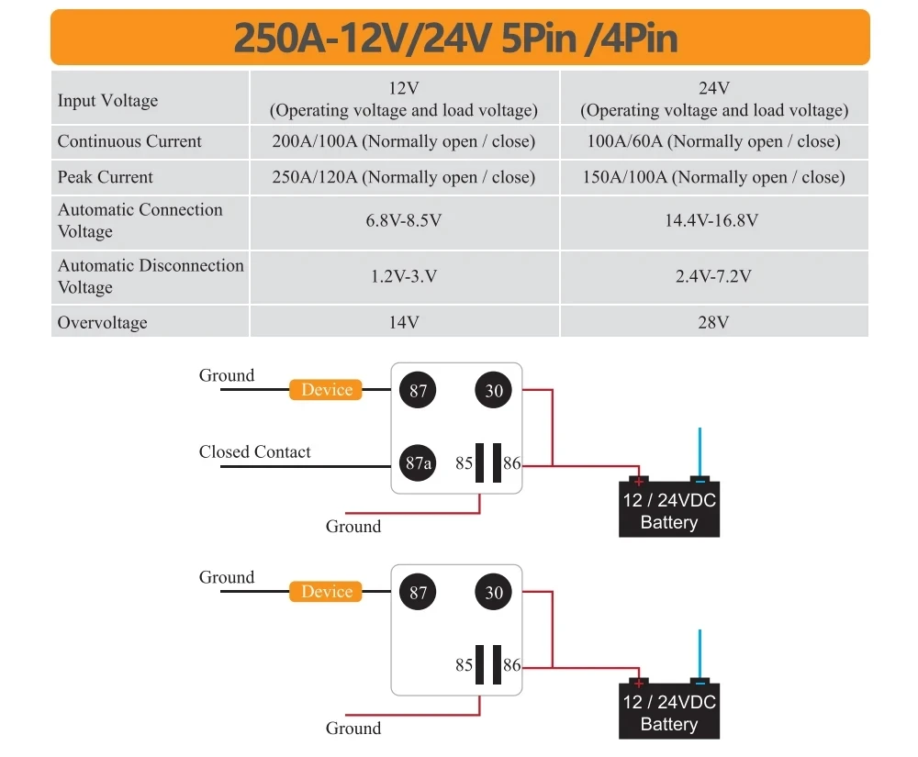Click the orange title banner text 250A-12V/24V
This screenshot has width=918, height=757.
pos(363,38)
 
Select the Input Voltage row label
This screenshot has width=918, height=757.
pos(107,101)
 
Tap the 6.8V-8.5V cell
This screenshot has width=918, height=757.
pos(404,220)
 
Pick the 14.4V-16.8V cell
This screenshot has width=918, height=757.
pos(712,220)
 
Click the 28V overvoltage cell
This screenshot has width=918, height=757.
pos(713,322)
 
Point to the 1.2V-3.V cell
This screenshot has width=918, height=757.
pos(404,276)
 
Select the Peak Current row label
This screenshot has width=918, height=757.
pos(106,177)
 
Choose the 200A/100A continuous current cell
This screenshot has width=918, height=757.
pos(404,141)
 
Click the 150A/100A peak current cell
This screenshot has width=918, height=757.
pos(713,177)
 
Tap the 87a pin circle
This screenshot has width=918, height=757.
pos(418,462)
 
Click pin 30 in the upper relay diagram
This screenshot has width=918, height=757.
pos(494,390)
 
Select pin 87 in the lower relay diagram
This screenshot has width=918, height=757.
pos(418,592)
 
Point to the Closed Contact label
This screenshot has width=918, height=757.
pos(254,451)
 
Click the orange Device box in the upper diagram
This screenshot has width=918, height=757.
pos(326,390)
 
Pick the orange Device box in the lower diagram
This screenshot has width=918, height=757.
pos(326,592)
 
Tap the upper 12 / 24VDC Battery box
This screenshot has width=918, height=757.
pos(669,508)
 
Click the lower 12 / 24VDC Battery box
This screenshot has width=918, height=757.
pos(669,710)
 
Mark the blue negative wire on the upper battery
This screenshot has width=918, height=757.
pos(700,452)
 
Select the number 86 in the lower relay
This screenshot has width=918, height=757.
pos(511,665)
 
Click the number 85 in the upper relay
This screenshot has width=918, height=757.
pos(465,463)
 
